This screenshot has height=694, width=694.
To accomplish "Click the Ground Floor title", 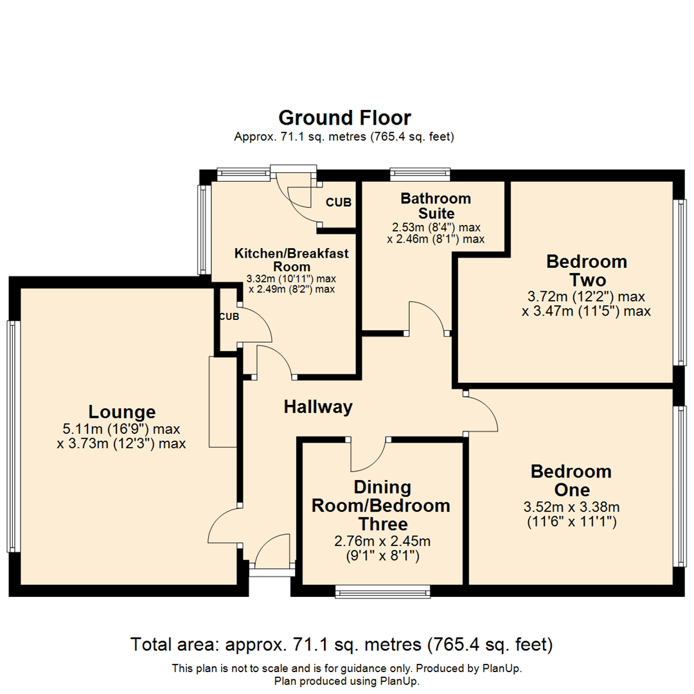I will tap(344, 118).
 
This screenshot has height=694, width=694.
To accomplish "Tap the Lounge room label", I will tap(122, 412).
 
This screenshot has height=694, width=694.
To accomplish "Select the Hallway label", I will tap(318, 407).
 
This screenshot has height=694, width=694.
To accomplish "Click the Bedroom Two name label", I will tap(586, 271).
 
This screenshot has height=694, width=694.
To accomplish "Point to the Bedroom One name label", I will tap(571, 481).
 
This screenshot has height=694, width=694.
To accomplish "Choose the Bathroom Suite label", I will tap(436, 206).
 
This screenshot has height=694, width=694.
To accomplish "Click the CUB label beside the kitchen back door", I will tap(339, 202).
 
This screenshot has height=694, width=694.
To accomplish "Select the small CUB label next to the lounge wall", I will tap(229, 317).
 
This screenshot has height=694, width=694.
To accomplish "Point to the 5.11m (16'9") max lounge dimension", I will tap(121, 429).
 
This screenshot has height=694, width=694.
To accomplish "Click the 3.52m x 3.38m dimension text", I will tap(571, 506).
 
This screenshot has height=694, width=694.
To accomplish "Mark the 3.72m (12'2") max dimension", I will tap(586, 297).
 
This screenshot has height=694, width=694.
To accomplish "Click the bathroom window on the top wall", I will tap(420, 173).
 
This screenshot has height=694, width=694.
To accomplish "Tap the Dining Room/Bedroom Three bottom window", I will tap(382, 591).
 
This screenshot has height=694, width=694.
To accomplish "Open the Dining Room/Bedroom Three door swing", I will tap(368, 455).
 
